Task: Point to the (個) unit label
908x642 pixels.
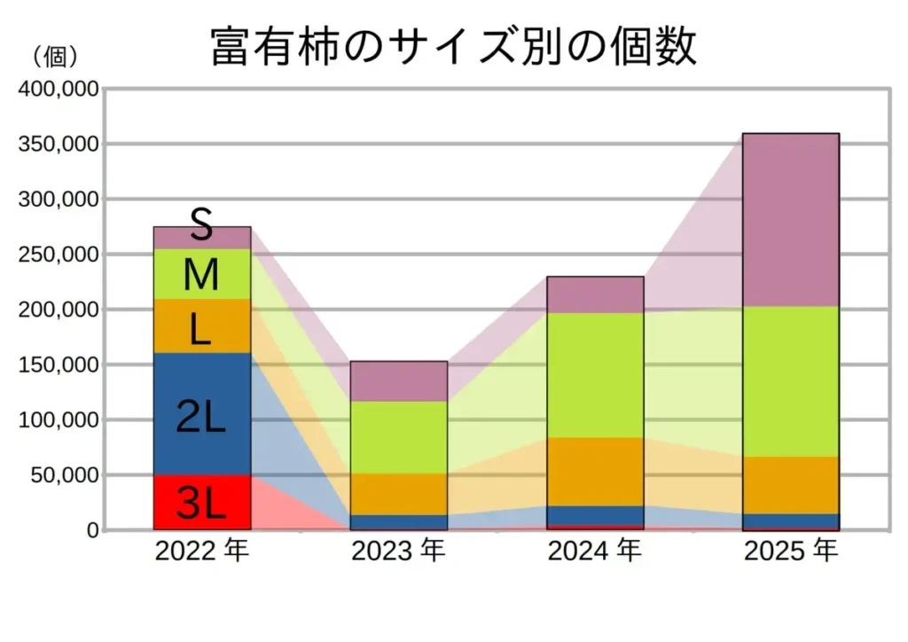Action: click(x=55, y=58)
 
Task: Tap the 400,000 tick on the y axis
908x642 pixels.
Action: click(x=56, y=90)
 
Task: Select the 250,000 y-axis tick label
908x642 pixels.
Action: click(x=56, y=254)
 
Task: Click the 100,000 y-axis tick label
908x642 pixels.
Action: click(x=56, y=419)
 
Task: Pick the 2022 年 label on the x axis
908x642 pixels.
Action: click(x=202, y=552)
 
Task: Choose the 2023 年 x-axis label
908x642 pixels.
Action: click(x=398, y=552)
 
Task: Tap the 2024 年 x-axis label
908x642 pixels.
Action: click(x=594, y=552)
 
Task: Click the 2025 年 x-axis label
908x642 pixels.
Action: click(x=791, y=552)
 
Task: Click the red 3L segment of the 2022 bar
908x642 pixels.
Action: click(x=202, y=503)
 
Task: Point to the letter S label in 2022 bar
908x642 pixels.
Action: click(x=202, y=227)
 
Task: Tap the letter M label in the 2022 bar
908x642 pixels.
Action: click(x=201, y=276)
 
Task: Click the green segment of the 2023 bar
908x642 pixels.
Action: click(x=398, y=437)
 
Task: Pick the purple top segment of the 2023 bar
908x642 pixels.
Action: click(x=398, y=381)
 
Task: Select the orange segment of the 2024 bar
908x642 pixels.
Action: click(x=594, y=472)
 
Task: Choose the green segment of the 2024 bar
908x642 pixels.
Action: click(x=594, y=375)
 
